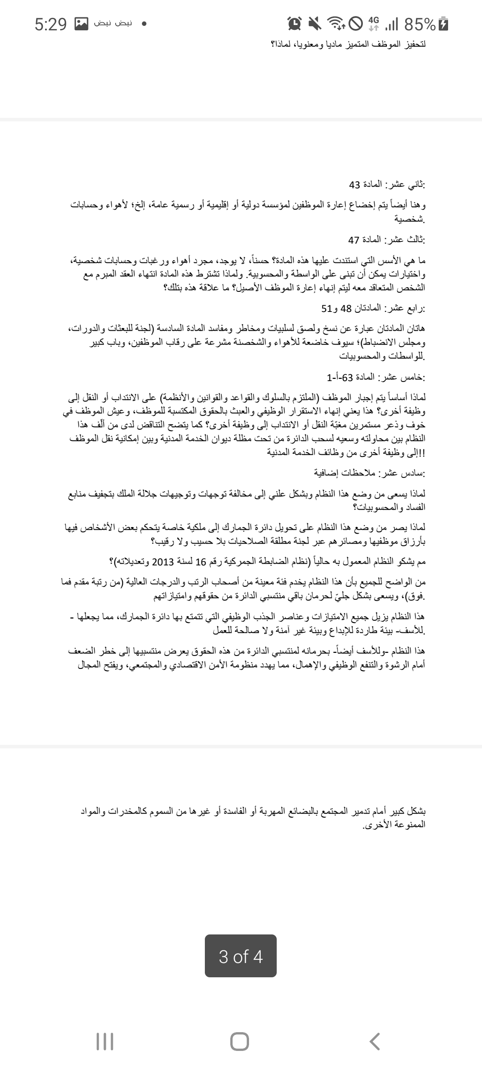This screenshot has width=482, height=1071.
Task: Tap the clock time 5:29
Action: tap(50, 24)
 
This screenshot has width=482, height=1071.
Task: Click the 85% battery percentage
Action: tap(419, 24)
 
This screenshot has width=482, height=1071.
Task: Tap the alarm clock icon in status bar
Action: tap(295, 24)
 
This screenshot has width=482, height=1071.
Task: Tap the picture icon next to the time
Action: tap(81, 24)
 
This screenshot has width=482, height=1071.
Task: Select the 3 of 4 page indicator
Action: tap(241, 956)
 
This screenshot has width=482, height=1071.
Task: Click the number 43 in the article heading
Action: tap(354, 185)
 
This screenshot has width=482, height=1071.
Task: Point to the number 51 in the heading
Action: tap(326, 308)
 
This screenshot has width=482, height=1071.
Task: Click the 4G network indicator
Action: tap(374, 24)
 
